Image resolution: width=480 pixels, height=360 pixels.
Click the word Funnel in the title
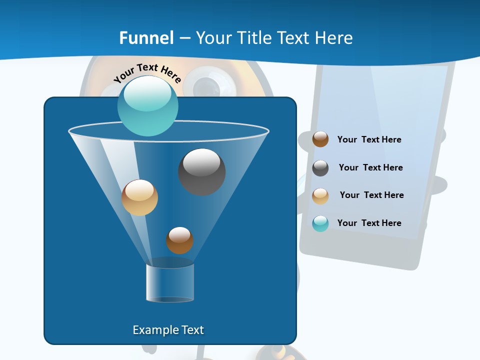(146, 37)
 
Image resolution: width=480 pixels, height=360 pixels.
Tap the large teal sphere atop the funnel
(147, 106)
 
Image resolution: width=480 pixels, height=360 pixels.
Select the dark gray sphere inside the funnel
(201, 171)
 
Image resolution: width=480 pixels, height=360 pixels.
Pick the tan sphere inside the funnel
(139, 197)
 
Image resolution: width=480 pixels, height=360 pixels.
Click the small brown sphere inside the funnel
(179, 240)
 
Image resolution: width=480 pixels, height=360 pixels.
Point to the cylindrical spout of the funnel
(170, 282)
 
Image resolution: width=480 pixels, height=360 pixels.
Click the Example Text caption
(168, 330)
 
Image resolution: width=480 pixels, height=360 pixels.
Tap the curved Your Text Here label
(147, 73)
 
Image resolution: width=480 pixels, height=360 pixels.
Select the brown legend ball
(320, 139)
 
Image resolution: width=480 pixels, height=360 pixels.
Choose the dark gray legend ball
(320, 168)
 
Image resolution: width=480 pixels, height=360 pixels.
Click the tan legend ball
(320, 196)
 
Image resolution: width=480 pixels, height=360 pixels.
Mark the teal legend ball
(320, 223)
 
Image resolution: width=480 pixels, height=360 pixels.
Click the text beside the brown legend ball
(369, 139)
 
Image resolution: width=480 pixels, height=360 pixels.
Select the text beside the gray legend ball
(370, 167)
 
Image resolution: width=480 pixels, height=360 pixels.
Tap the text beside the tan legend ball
(371, 195)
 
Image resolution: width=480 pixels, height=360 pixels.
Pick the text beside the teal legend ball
(369, 223)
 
